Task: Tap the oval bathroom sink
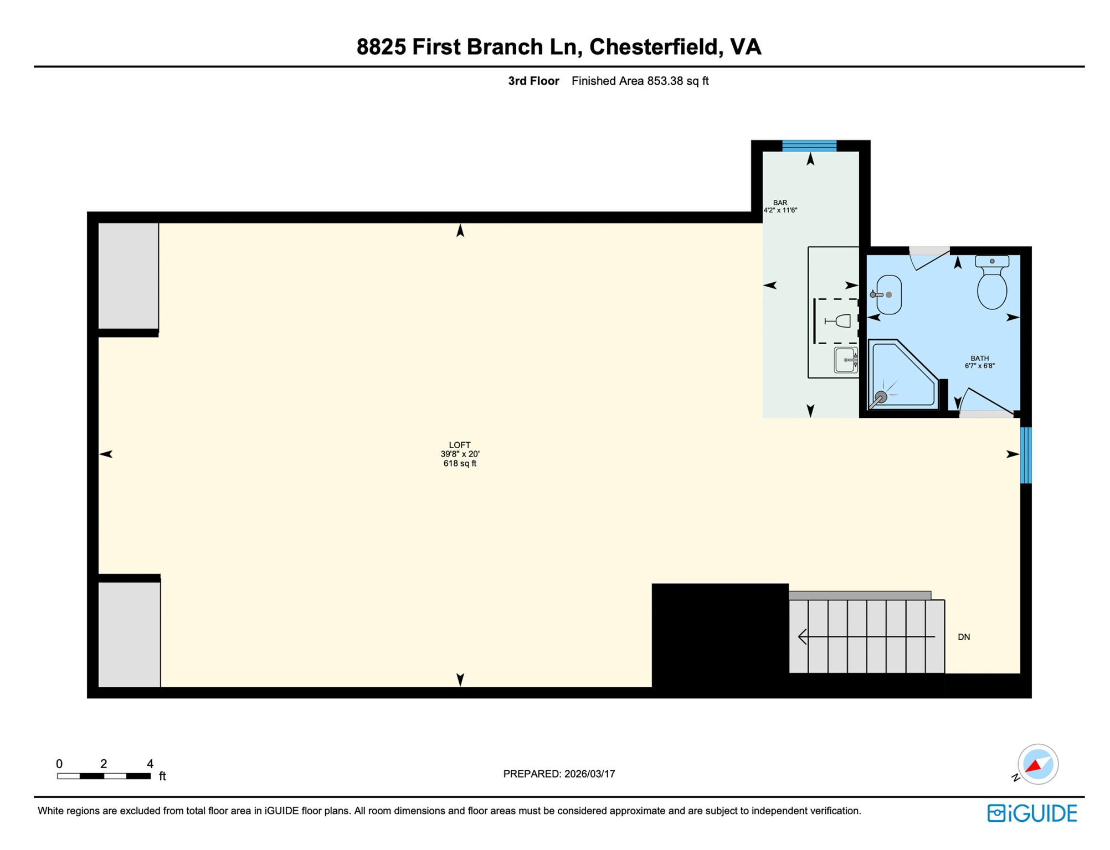pyautogui.click(x=888, y=295)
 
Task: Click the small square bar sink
pyautogui.click(x=845, y=360)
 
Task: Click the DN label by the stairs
pyautogui.click(x=963, y=637)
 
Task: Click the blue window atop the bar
pyautogui.click(x=809, y=146)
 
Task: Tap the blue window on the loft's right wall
pyautogui.click(x=1025, y=455)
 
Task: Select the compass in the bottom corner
pyautogui.click(x=1037, y=764)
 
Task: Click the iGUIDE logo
pyautogui.click(x=1032, y=813)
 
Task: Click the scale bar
pyautogui.click(x=104, y=776)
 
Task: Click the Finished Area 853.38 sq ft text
pyautogui.click(x=640, y=81)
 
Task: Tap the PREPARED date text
pyautogui.click(x=559, y=774)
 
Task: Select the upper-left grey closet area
pyautogui.click(x=129, y=276)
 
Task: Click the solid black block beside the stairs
pyautogui.click(x=720, y=635)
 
